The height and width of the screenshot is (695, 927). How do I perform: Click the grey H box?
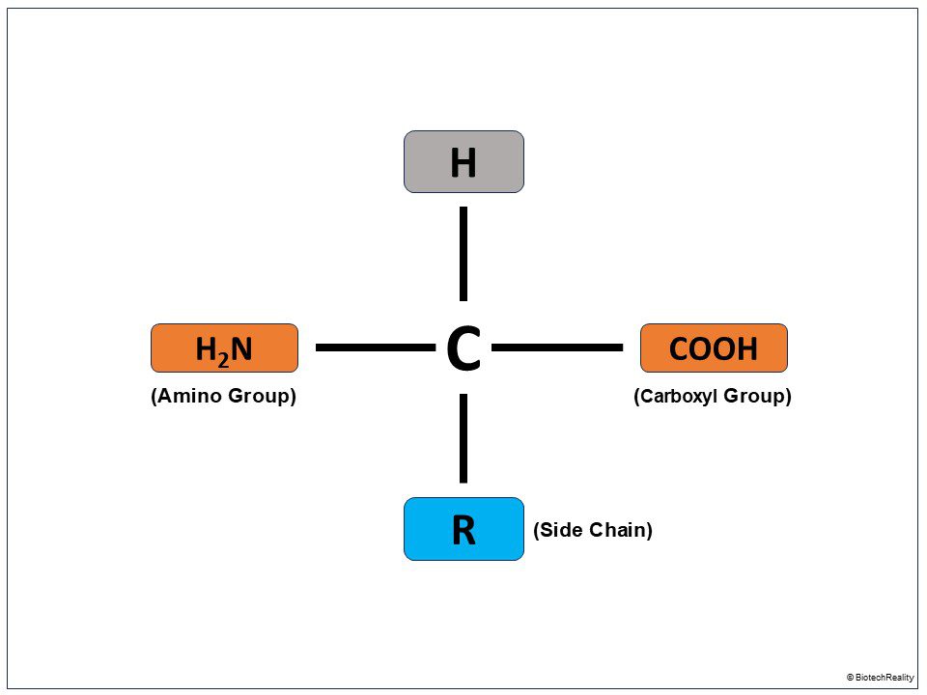tap(463, 162)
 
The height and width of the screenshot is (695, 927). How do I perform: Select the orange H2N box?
tap(224, 348)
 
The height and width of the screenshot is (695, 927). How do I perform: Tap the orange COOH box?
tap(714, 348)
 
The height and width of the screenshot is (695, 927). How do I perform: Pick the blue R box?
tap(463, 529)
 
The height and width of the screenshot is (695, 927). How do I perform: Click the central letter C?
tap(463, 349)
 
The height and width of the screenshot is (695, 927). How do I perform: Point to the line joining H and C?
tap(463, 253)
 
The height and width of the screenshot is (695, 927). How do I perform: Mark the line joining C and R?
tap(463, 438)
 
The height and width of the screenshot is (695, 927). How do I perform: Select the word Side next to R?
tap(557, 530)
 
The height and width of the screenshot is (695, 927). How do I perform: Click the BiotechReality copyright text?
tap(885, 678)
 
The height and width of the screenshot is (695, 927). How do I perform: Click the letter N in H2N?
tap(241, 348)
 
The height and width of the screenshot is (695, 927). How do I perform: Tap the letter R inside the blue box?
tap(463, 530)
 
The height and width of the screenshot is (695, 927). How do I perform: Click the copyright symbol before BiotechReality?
tap(851, 678)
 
